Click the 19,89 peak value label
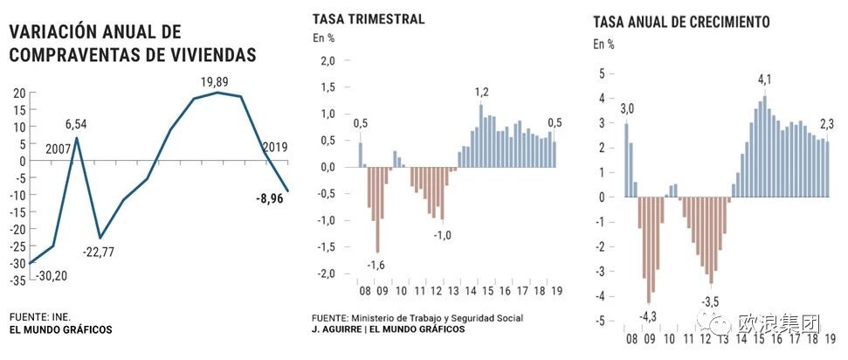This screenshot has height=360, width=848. pyautogui.click(x=214, y=82)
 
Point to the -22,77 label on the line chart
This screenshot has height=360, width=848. pyautogui.click(x=99, y=253)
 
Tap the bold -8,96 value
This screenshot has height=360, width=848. pyautogui.click(x=270, y=198)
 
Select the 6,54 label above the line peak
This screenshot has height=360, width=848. pyautogui.click(x=75, y=125)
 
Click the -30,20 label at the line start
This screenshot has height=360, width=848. pyautogui.click(x=52, y=276)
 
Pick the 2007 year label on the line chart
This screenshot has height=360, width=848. pyautogui.click(x=58, y=148)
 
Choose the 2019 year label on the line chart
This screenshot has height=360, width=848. pyautogui.click(x=275, y=148)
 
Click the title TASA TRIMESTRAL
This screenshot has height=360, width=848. pyautogui.click(x=369, y=19)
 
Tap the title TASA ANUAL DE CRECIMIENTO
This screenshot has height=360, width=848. pyautogui.click(x=681, y=22)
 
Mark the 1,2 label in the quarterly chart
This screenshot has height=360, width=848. pyautogui.click(x=482, y=93)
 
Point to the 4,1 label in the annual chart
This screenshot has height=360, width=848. pyautogui.click(x=765, y=80)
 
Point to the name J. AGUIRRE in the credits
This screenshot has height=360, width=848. pyautogui.click(x=336, y=329)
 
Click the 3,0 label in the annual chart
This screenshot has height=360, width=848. pyautogui.click(x=627, y=110)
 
